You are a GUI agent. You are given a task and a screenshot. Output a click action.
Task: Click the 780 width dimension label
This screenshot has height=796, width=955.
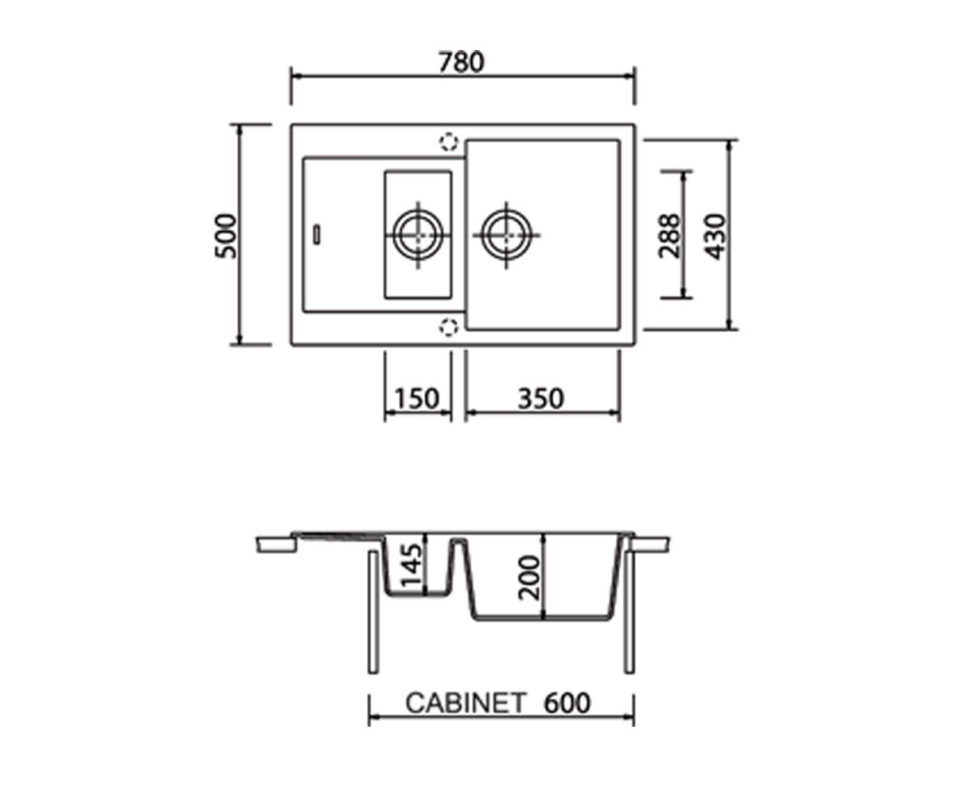pyautogui.click(x=461, y=63)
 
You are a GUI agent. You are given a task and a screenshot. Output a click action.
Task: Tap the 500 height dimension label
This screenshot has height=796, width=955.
pyautogui.click(x=226, y=236)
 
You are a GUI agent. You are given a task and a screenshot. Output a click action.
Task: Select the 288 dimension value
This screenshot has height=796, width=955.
pyautogui.click(x=669, y=236)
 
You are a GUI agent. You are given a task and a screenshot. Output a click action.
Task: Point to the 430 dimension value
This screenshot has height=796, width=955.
pyautogui.click(x=715, y=236)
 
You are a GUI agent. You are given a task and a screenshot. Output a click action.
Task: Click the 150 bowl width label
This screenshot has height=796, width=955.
pyautogui.click(x=417, y=399)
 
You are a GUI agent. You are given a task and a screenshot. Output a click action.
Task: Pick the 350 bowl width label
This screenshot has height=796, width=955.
pyautogui.click(x=540, y=399)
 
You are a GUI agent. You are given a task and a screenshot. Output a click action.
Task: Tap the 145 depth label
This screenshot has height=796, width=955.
pyautogui.click(x=411, y=565)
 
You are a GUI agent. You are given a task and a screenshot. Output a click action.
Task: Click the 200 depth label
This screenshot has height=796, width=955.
pyautogui.click(x=529, y=577)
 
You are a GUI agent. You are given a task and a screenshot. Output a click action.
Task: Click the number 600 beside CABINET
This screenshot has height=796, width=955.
pyautogui.click(x=567, y=703)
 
